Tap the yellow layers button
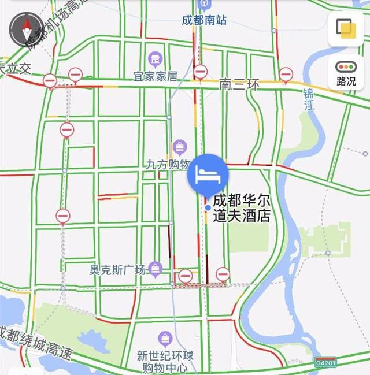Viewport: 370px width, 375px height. pos(346,28)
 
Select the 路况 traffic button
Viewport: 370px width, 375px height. pos(346,72)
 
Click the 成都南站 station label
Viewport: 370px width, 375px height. pos(204,20)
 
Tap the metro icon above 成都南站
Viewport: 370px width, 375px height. pos(203,5)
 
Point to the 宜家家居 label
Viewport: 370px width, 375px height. pos(155,76)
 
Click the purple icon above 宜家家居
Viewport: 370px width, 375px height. pos(155,58)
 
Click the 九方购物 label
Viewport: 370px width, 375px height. pos(167,164)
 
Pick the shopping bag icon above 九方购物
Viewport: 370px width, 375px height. pos(180,147)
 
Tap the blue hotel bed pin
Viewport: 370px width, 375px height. pos(208,173)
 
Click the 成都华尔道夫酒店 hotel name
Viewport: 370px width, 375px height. pos(242,209)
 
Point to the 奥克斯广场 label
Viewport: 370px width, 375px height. pos(117,269)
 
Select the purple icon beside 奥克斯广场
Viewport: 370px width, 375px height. pos(155,268)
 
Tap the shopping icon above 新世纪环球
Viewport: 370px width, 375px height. pos(165,339)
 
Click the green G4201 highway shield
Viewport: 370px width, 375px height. pos(325,363)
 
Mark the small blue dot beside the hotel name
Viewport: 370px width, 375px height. pos(208,207)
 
